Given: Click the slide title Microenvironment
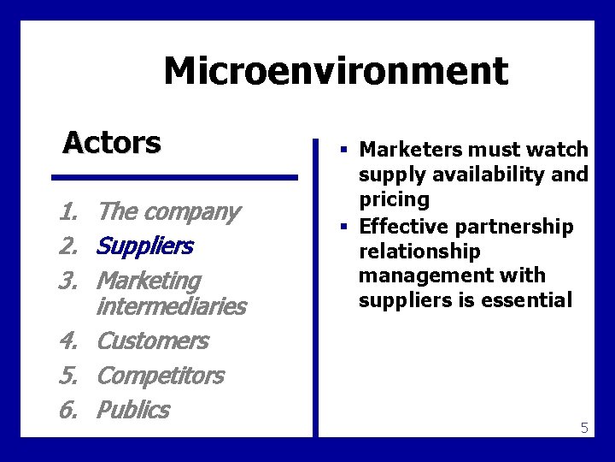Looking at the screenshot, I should coord(336,71).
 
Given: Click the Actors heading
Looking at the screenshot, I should coord(112,142).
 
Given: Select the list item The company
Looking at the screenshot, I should coord(168,211).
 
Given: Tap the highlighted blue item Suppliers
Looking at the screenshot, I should coord(145,246).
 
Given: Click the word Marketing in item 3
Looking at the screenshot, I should coord(149,281).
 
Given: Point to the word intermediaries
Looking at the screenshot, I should coord(172,305).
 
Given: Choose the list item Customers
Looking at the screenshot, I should coord(153,341).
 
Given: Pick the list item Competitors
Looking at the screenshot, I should coord(161,375).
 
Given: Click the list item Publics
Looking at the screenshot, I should coord(133,410).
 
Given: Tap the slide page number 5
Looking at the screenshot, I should coord(584,428).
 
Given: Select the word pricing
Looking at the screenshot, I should coord(394,199).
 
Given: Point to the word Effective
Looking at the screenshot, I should coord(400,227).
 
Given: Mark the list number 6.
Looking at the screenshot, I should coord(68,410).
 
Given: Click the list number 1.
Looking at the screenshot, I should coord(68,211).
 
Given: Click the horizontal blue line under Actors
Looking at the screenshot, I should coord(174,178).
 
